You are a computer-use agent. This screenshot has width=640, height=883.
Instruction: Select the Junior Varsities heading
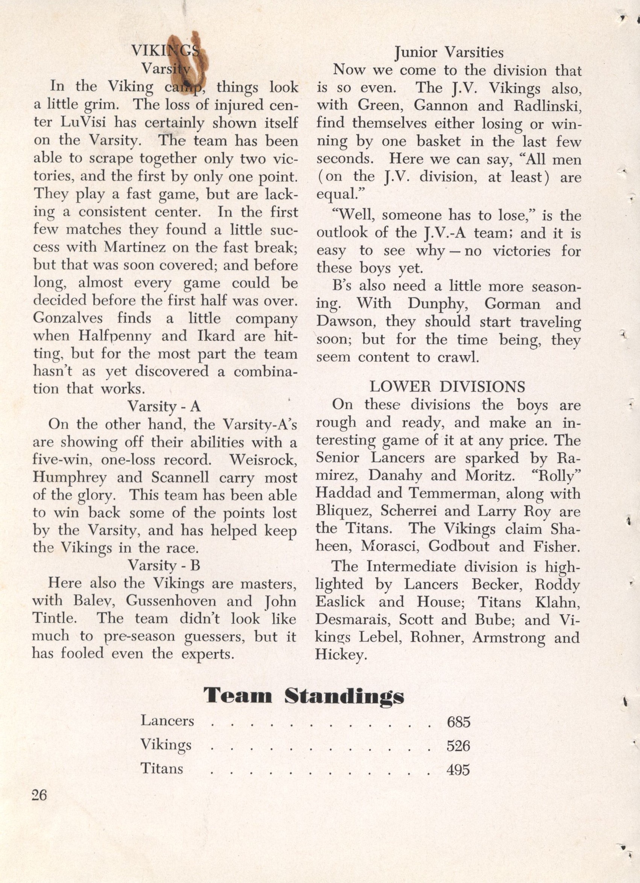tap(449, 52)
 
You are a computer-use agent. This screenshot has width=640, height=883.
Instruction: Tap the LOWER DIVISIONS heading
tap(447, 387)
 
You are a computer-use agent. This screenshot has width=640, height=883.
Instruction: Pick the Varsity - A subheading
tap(164, 406)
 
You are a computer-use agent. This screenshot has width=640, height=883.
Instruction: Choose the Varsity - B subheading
tap(164, 565)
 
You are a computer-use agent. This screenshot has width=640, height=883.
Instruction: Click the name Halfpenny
tap(114, 336)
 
